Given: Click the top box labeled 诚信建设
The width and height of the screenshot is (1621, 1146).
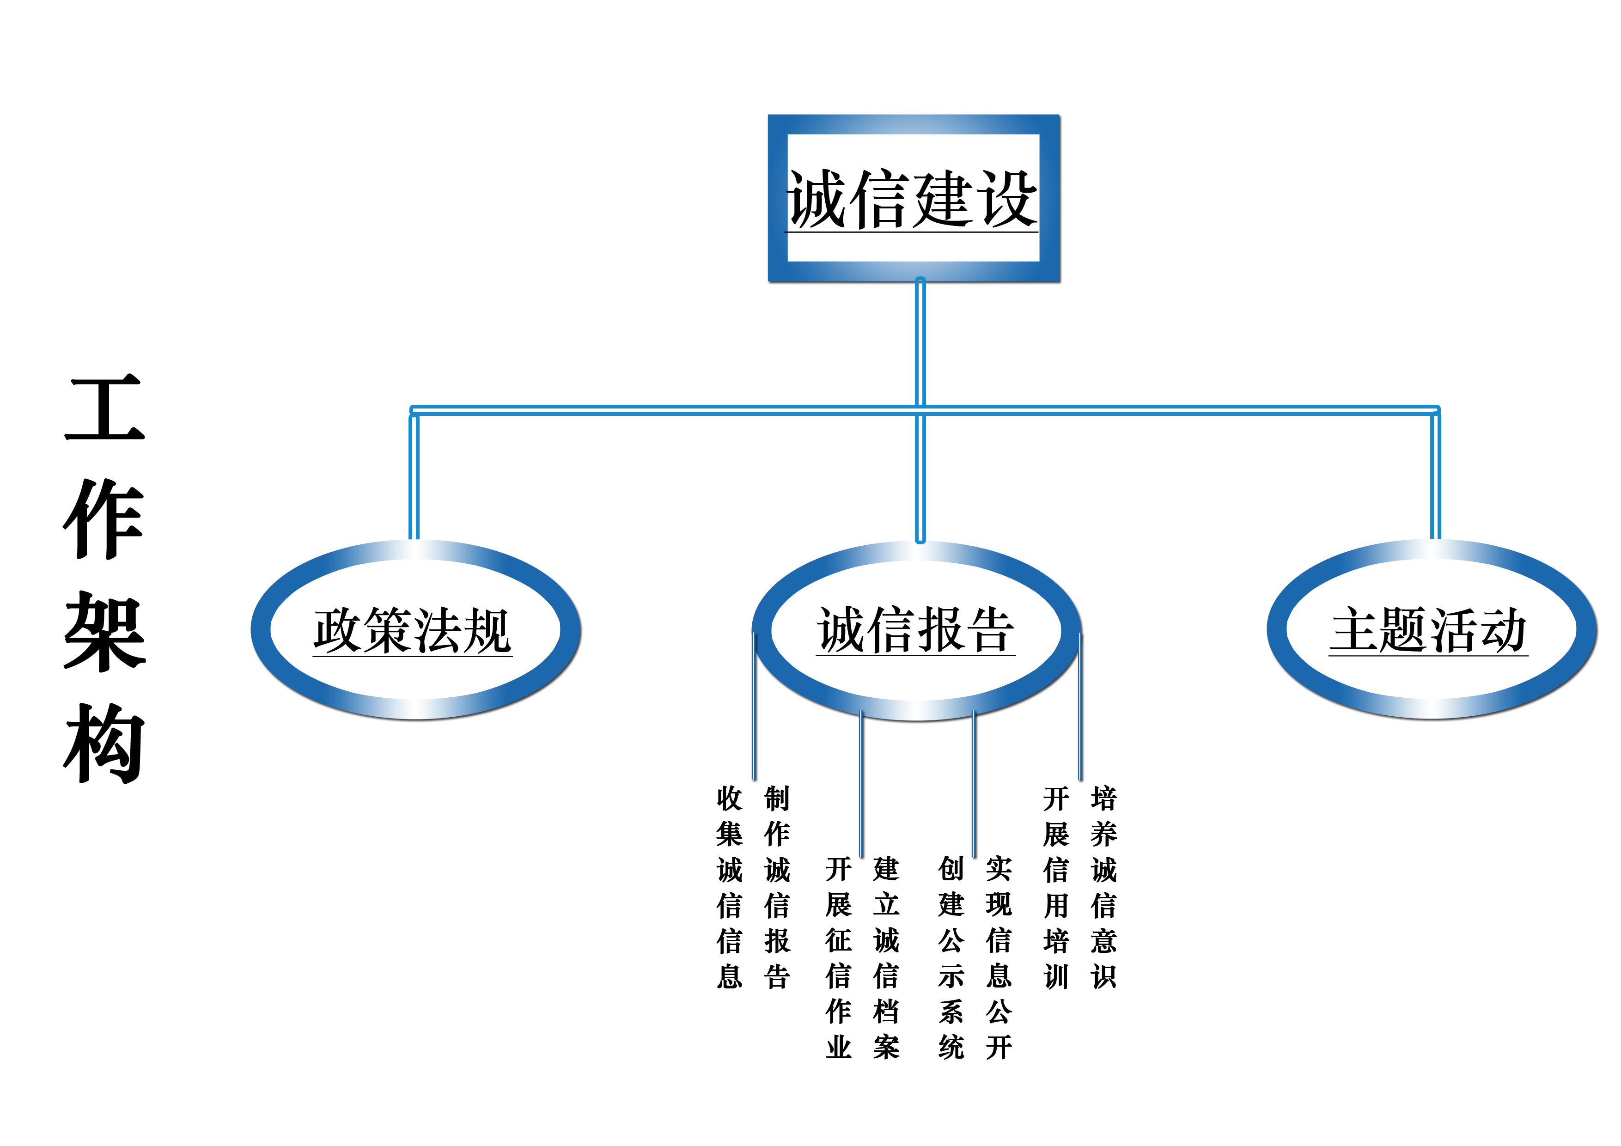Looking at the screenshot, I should [914, 198].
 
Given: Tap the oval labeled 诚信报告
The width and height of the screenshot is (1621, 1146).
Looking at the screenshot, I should [916, 630].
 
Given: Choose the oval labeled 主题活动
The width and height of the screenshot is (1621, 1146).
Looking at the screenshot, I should [1430, 630].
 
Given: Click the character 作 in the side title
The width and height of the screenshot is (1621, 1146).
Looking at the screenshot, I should [104, 519].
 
